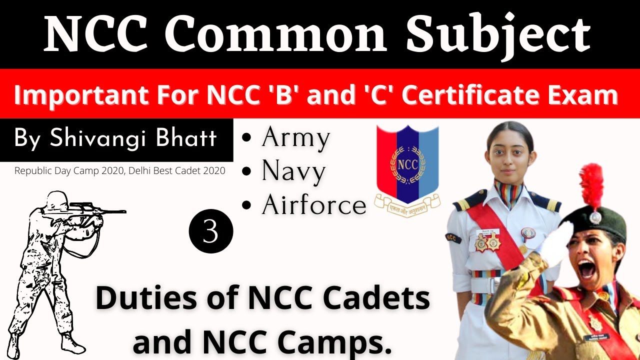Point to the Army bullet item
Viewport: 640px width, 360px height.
pos(295,138)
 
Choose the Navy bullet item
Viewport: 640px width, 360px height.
pos(293,171)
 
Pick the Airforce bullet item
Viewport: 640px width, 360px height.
pos(314,205)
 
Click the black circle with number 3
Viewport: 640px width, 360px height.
pos(211,231)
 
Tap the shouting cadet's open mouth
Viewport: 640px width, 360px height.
pos(587,270)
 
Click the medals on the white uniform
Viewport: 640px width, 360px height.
pos(486,242)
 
